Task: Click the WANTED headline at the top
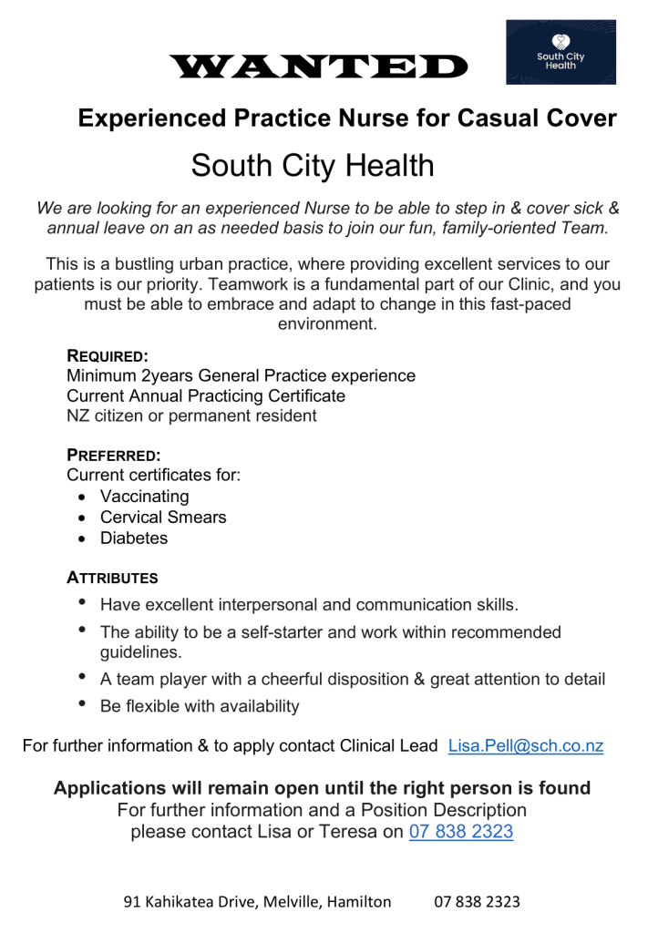tap(318, 66)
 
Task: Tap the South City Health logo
tap(560, 52)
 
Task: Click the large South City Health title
tap(313, 166)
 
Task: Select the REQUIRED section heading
tap(108, 356)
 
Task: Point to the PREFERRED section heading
tap(114, 456)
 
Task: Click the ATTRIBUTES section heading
tap(112, 578)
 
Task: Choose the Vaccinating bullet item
tap(144, 497)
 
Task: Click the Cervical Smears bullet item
tap(163, 518)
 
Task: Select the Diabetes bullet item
tap(134, 538)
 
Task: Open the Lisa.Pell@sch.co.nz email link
tap(526, 746)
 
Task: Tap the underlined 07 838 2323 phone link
tap(460, 832)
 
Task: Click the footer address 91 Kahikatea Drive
tap(257, 902)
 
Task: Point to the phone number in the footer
tap(477, 902)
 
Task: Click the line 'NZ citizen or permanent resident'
tap(191, 416)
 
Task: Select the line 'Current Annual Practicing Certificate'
tap(206, 396)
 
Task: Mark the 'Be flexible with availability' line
tap(200, 706)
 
